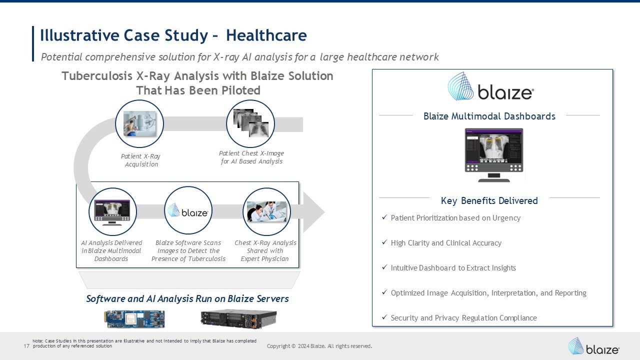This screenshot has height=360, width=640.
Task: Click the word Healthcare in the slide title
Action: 266,35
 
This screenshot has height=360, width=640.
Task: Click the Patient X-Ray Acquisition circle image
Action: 139,123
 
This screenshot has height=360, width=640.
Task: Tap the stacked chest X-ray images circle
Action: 250,123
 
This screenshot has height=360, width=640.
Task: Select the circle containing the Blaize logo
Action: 188,210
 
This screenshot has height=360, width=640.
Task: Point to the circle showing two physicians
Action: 266,211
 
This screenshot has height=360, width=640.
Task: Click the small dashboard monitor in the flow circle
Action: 112,212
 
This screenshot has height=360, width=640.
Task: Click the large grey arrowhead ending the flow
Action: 314,212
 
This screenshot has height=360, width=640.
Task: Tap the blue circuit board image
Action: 134,319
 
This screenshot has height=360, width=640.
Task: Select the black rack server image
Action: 238,319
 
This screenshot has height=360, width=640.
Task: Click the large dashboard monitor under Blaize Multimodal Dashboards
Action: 494,155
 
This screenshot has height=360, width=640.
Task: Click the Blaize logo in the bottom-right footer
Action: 593,346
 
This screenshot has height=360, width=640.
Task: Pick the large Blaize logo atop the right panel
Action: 490,86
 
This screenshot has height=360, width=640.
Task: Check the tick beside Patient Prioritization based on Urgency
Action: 384,217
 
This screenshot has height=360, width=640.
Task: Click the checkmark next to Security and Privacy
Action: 384,317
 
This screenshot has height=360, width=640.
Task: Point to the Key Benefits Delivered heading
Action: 489,201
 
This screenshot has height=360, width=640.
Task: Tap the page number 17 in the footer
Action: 26,346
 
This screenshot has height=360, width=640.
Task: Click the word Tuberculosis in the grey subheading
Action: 97,76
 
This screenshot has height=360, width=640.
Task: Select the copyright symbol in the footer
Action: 293,346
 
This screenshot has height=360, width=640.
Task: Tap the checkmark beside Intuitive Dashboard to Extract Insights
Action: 384,267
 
